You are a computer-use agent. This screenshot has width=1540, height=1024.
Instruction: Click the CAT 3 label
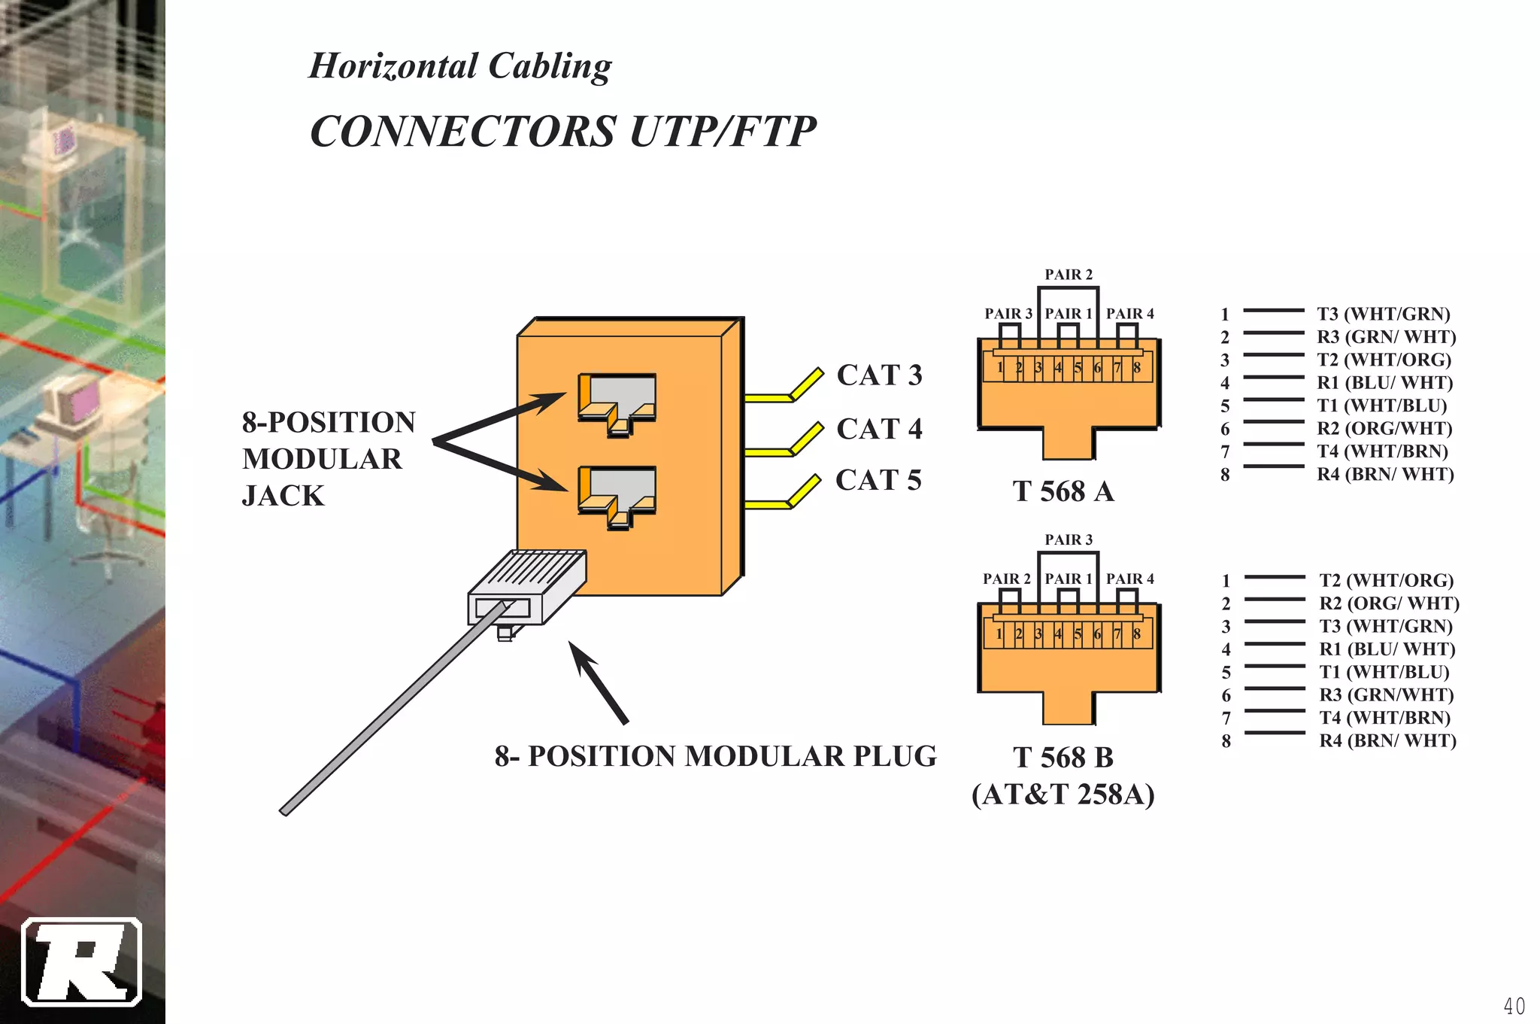[x=879, y=375]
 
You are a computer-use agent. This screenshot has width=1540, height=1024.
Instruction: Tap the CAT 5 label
[x=878, y=480]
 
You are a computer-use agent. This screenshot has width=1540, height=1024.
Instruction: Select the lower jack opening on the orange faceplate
[x=617, y=496]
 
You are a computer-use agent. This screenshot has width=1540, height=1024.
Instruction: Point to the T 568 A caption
[x=1063, y=491]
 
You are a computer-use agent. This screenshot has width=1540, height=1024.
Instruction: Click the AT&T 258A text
[x=1063, y=795]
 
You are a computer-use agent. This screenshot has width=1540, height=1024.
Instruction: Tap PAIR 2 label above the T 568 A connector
[x=1069, y=275]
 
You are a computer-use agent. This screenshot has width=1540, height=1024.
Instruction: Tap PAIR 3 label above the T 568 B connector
[x=1069, y=539]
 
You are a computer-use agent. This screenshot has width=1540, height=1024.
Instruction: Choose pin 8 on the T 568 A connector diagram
[x=1137, y=368]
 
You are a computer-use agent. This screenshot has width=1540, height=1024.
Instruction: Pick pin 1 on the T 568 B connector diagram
[x=999, y=634]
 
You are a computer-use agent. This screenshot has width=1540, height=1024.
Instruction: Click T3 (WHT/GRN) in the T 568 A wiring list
[x=1383, y=314]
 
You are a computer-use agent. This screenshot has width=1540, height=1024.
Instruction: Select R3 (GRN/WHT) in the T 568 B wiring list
[x=1386, y=694]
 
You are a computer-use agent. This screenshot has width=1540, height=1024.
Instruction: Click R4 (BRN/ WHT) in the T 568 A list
[x=1385, y=474]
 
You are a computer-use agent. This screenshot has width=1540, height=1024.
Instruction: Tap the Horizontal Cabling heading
[x=460, y=65]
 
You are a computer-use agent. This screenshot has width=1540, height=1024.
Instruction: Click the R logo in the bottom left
[x=81, y=962]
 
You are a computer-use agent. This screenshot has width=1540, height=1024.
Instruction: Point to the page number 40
[x=1514, y=1006]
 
